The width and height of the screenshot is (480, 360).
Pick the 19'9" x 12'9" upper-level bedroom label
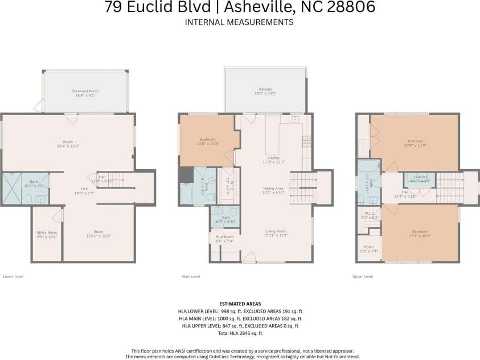[415, 143]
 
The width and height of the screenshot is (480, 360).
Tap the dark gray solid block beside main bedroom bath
[185, 175]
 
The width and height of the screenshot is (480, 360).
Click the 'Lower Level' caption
[14, 276]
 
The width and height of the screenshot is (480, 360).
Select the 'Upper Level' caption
[362, 276]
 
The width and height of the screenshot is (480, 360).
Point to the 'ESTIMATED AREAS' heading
[240, 304]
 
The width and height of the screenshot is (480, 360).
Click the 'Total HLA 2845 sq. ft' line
[240, 333]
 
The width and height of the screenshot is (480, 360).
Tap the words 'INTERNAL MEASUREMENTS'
[240, 22]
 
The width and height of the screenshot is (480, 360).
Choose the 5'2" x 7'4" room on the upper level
[369, 249]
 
